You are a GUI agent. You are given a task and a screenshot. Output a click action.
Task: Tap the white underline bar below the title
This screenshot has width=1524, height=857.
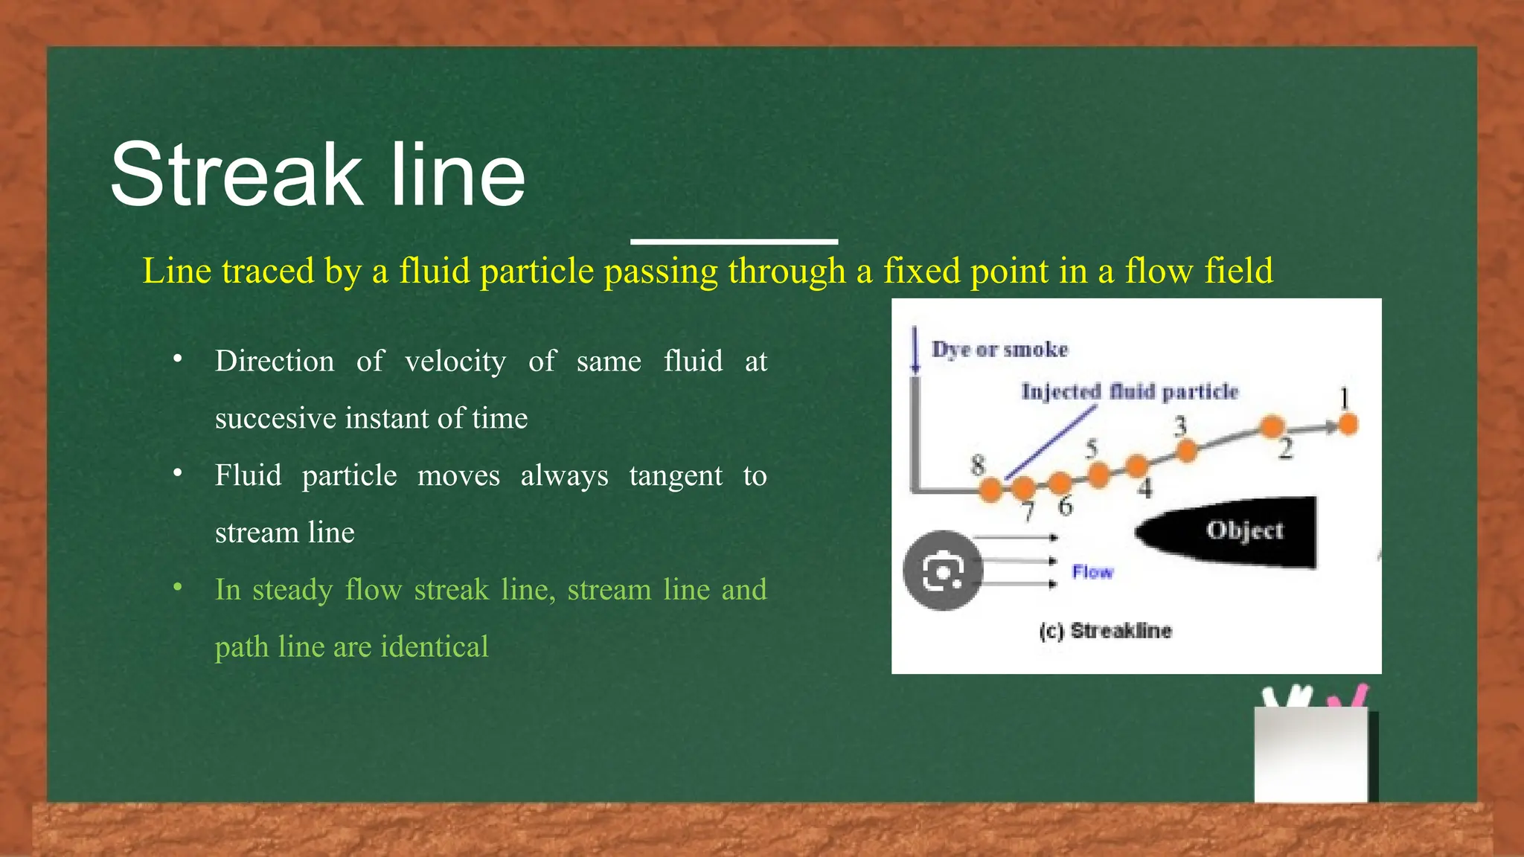tap(734, 241)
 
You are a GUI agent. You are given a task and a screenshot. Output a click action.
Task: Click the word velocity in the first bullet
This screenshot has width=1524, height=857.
tap(455, 362)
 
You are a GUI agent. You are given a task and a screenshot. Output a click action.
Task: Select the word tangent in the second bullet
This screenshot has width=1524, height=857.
tap(675, 476)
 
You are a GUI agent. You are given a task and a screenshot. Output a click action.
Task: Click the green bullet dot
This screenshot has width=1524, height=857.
tap(178, 588)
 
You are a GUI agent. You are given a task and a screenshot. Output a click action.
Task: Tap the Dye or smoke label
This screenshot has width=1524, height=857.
tap(999, 350)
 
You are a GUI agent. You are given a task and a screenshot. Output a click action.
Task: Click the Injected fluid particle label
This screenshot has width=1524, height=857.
tap(1129, 391)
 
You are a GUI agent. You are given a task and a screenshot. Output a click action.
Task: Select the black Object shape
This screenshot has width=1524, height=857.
tap(1228, 532)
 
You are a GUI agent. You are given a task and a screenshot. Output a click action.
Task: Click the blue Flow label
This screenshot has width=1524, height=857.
tap(1092, 572)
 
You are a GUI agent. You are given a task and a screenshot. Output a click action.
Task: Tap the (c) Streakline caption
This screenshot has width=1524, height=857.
tap(1105, 632)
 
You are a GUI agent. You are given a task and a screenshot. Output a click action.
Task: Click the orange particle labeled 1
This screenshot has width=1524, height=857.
tap(1348, 424)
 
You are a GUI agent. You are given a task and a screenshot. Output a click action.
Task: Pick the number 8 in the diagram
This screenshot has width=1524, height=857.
tap(978, 465)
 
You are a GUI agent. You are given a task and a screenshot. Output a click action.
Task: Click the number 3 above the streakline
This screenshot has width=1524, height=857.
tap(1180, 426)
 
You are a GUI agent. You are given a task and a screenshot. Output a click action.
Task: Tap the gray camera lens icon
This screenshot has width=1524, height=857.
tap(943, 571)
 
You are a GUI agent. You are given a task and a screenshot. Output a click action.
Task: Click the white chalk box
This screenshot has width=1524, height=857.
tap(1310, 754)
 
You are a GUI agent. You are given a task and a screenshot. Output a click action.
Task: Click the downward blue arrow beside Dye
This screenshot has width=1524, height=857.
tap(916, 350)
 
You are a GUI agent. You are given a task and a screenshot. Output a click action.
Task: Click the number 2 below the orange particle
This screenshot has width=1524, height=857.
tap(1285, 449)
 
